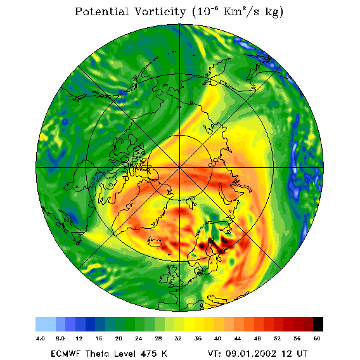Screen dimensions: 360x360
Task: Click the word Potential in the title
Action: [x=101, y=11]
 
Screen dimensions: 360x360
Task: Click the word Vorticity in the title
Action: [x=160, y=11]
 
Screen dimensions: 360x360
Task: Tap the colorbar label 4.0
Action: [x=41, y=338]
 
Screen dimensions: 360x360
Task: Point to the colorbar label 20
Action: [x=119, y=338]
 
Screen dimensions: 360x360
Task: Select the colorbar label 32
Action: [x=178, y=338]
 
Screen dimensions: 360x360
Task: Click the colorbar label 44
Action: [x=238, y=338]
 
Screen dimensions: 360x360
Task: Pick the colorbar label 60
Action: [x=317, y=338]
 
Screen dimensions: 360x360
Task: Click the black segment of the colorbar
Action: [x=318, y=324]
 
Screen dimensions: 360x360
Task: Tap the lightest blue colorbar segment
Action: [x=46, y=324]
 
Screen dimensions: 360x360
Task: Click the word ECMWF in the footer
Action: [x=65, y=353]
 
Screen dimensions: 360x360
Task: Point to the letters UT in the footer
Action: [x=301, y=353]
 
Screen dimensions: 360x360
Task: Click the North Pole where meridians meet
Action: [x=180, y=168]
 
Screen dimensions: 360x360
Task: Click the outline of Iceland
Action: [x=155, y=243]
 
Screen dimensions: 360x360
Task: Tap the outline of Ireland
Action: [x=164, y=278]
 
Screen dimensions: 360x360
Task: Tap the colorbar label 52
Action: [x=277, y=338]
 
